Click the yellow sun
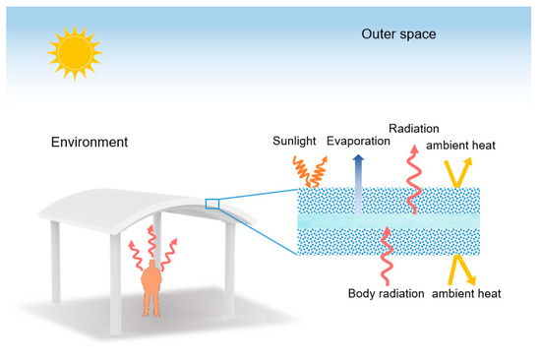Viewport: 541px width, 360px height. (74, 52)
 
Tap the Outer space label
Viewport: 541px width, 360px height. (397, 35)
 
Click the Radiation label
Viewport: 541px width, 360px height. (414, 129)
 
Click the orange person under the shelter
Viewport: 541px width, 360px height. (150, 285)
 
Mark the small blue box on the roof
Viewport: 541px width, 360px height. (211, 204)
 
